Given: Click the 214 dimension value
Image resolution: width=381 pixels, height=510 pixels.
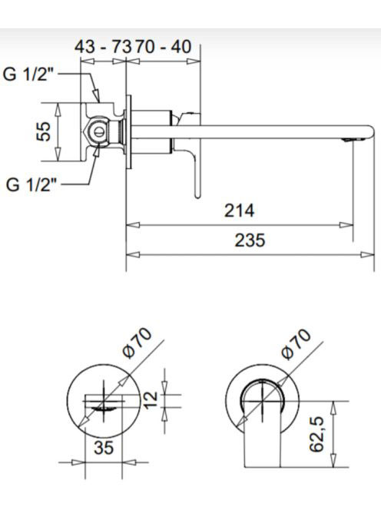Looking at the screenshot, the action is tap(239, 210).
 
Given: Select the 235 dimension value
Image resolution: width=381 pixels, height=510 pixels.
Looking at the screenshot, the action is tap(250, 240).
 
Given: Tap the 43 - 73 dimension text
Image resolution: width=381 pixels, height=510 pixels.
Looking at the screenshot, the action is tap(103, 47).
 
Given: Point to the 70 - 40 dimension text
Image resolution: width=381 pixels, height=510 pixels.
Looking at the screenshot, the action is tap(163, 47).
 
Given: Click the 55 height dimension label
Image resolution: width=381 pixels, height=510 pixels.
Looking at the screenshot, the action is tap(43, 131).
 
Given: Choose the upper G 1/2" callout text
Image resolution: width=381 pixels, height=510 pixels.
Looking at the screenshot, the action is tap(28, 75).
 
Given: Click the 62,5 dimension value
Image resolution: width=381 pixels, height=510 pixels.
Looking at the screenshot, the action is tap(316, 434).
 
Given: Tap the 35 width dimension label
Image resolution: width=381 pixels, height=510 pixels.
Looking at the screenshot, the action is tap(104, 448).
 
